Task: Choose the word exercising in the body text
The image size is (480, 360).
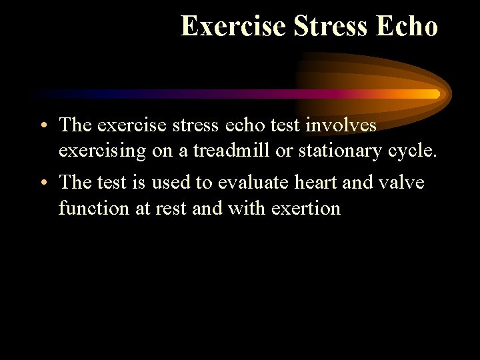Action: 102,152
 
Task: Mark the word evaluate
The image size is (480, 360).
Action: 254,182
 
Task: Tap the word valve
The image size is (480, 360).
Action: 402,182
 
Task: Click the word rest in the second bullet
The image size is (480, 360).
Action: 173,209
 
